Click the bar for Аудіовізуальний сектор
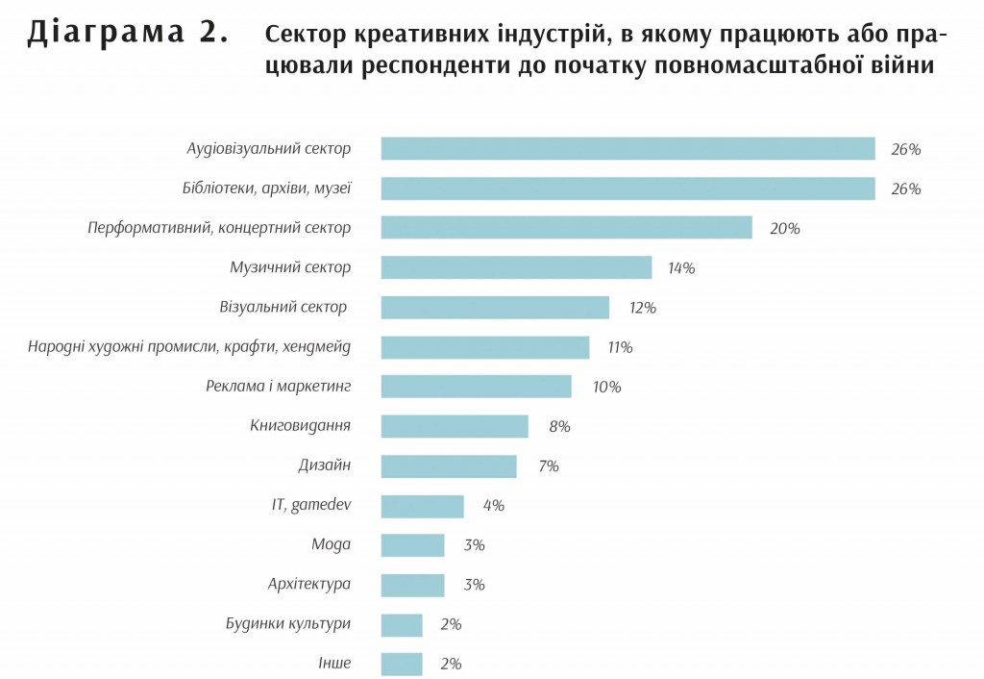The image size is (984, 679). point(627,149)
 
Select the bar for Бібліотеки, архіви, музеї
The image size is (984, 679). point(627,189)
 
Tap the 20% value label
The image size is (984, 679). point(784,229)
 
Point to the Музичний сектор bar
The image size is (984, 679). point(516,267)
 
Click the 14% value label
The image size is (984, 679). point(681,268)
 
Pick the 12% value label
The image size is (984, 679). point(641,308)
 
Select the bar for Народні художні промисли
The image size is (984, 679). point(484,347)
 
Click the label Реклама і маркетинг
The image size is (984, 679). point(279,387)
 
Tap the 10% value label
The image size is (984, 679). point(606,388)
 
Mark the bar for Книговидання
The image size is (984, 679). point(455,426)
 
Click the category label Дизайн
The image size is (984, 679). point(324,465)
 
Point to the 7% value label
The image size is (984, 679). point(549,466)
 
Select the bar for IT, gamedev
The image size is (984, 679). point(422,506)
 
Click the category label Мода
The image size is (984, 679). point(331,544)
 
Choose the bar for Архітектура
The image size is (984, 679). point(412,585)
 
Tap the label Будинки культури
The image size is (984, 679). point(288,623)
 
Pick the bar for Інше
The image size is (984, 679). point(402,664)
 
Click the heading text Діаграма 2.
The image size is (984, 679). point(128,34)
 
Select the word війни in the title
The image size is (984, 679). point(899,66)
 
